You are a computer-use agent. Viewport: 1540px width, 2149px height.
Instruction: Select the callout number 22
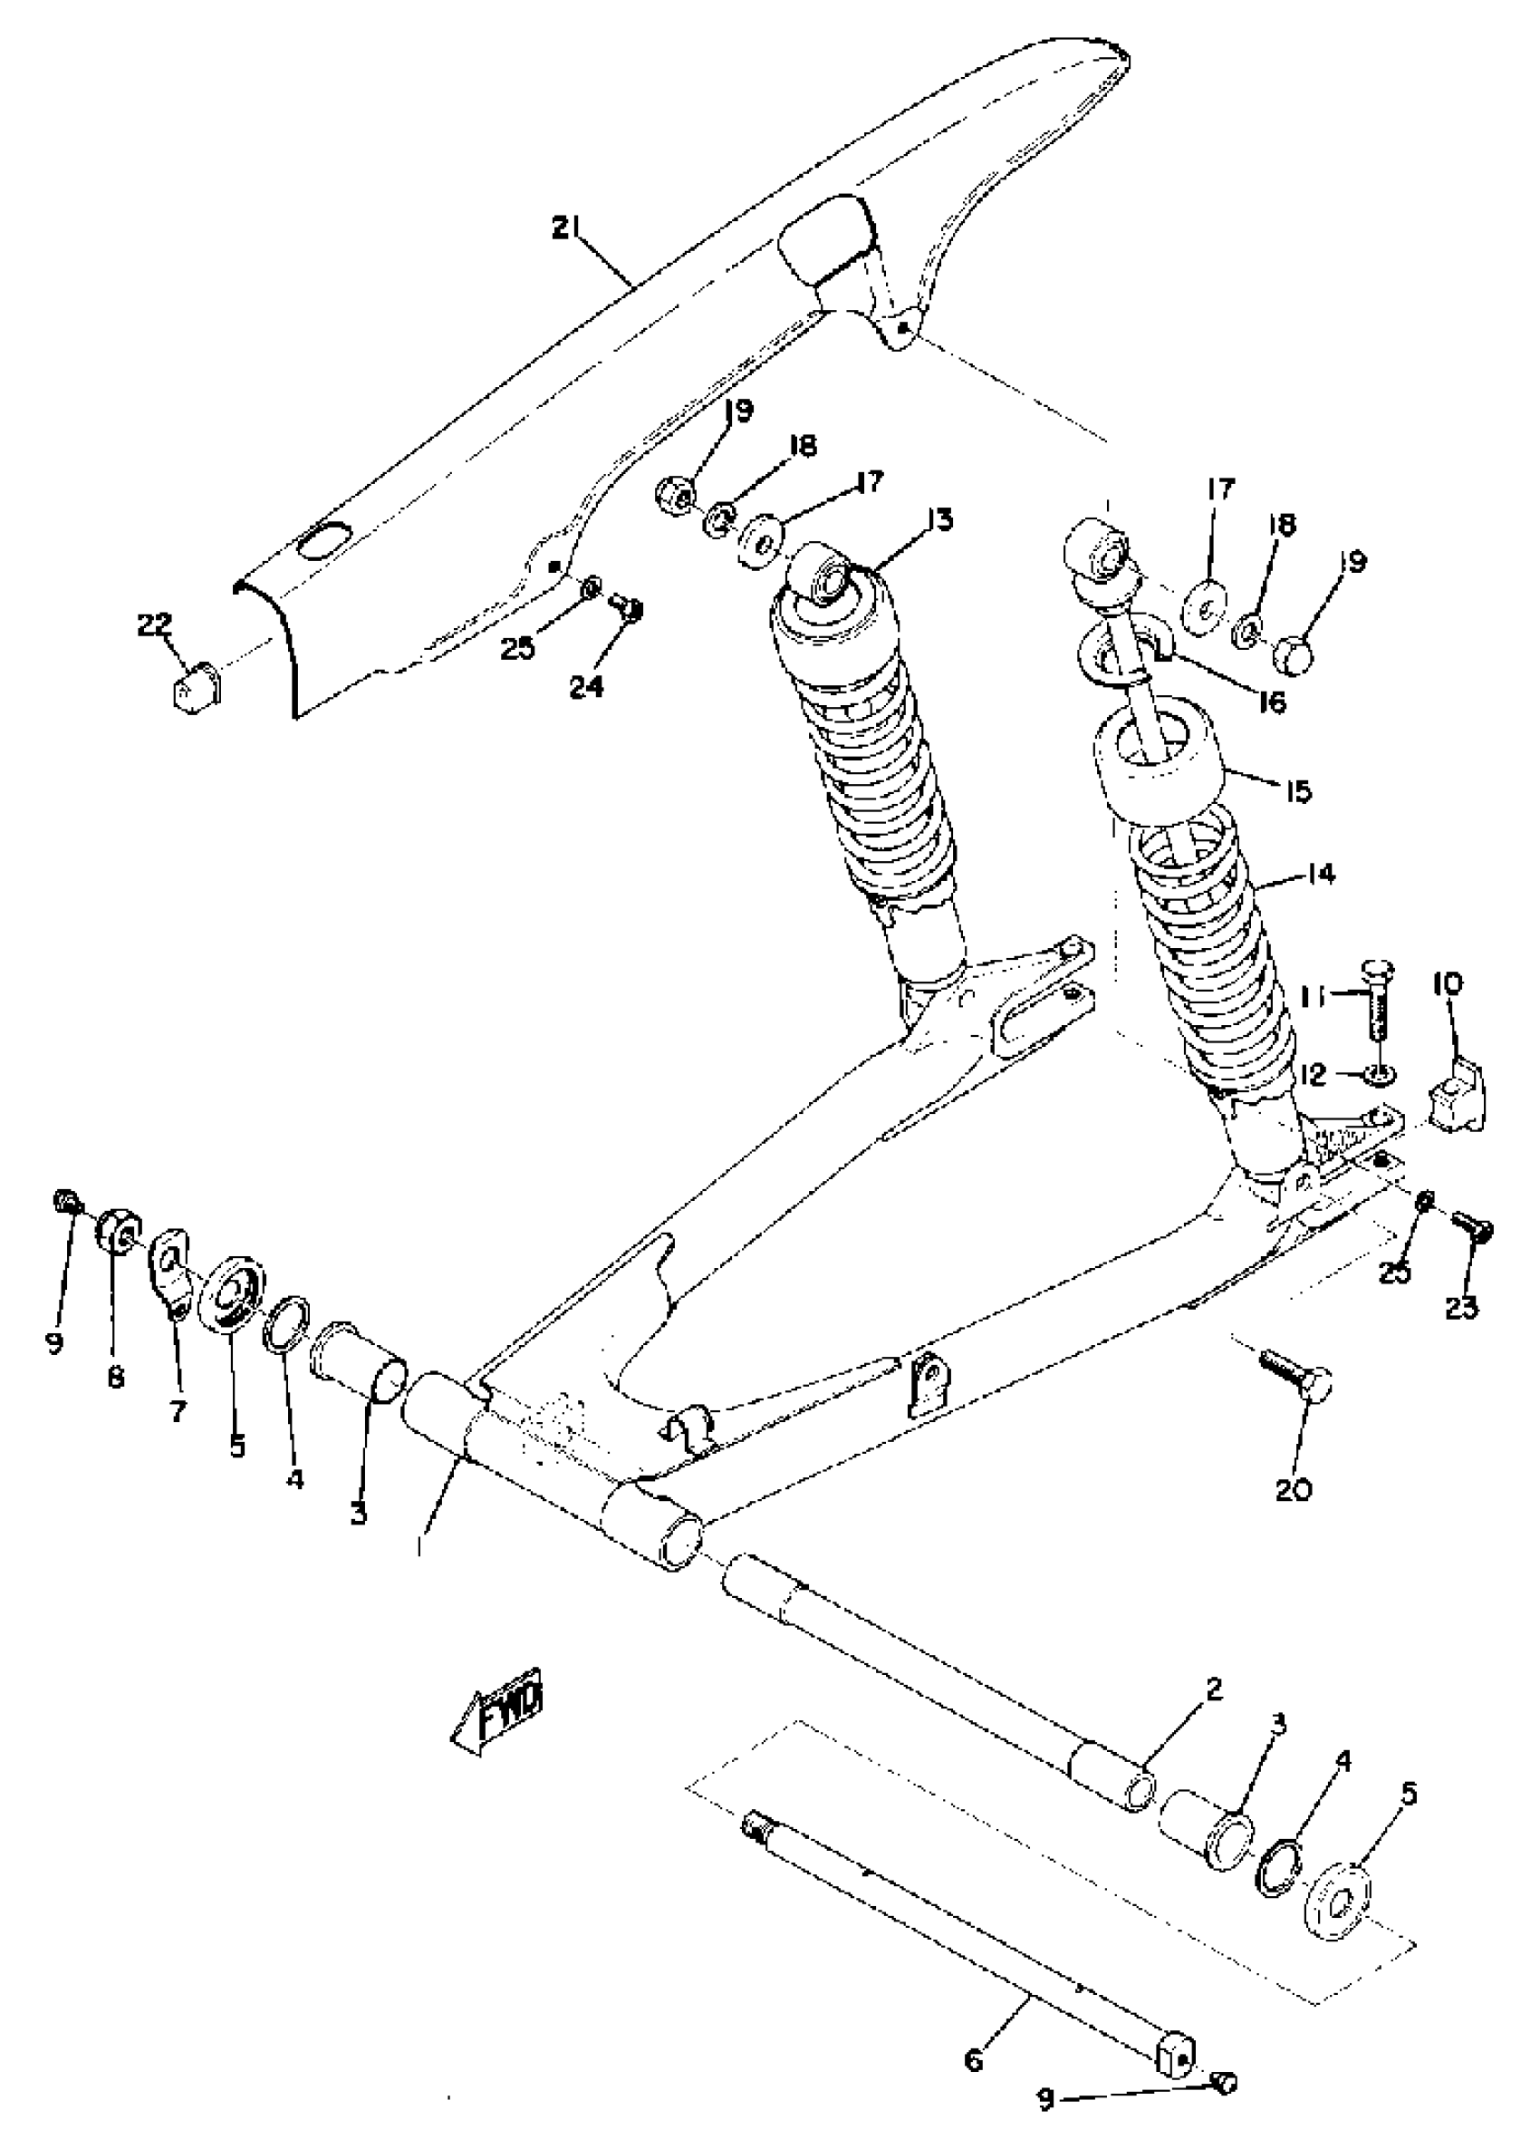coord(154,625)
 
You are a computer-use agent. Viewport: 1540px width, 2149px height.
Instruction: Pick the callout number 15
coord(1298,790)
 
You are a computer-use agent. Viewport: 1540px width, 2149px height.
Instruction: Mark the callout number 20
coord(1293,1490)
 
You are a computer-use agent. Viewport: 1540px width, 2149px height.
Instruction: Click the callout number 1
coord(419,1544)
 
